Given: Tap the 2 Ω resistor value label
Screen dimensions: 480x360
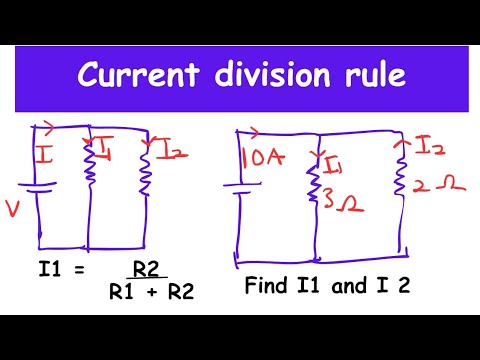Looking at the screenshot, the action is pyautogui.click(x=427, y=185).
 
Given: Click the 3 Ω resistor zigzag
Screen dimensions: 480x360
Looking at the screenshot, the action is pyautogui.click(x=314, y=187).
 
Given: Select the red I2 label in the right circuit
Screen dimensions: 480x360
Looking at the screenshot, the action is pyautogui.click(x=428, y=148).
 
